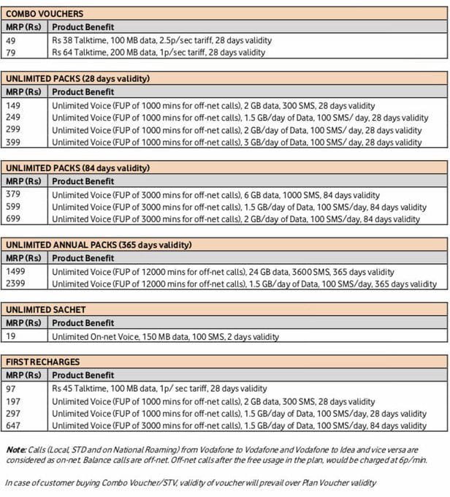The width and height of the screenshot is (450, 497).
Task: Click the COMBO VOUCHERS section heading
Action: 44,13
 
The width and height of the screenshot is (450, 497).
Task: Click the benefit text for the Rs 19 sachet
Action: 165,337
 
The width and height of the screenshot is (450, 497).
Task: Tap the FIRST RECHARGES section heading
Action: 42,362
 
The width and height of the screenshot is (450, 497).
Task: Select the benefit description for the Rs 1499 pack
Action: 223,272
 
